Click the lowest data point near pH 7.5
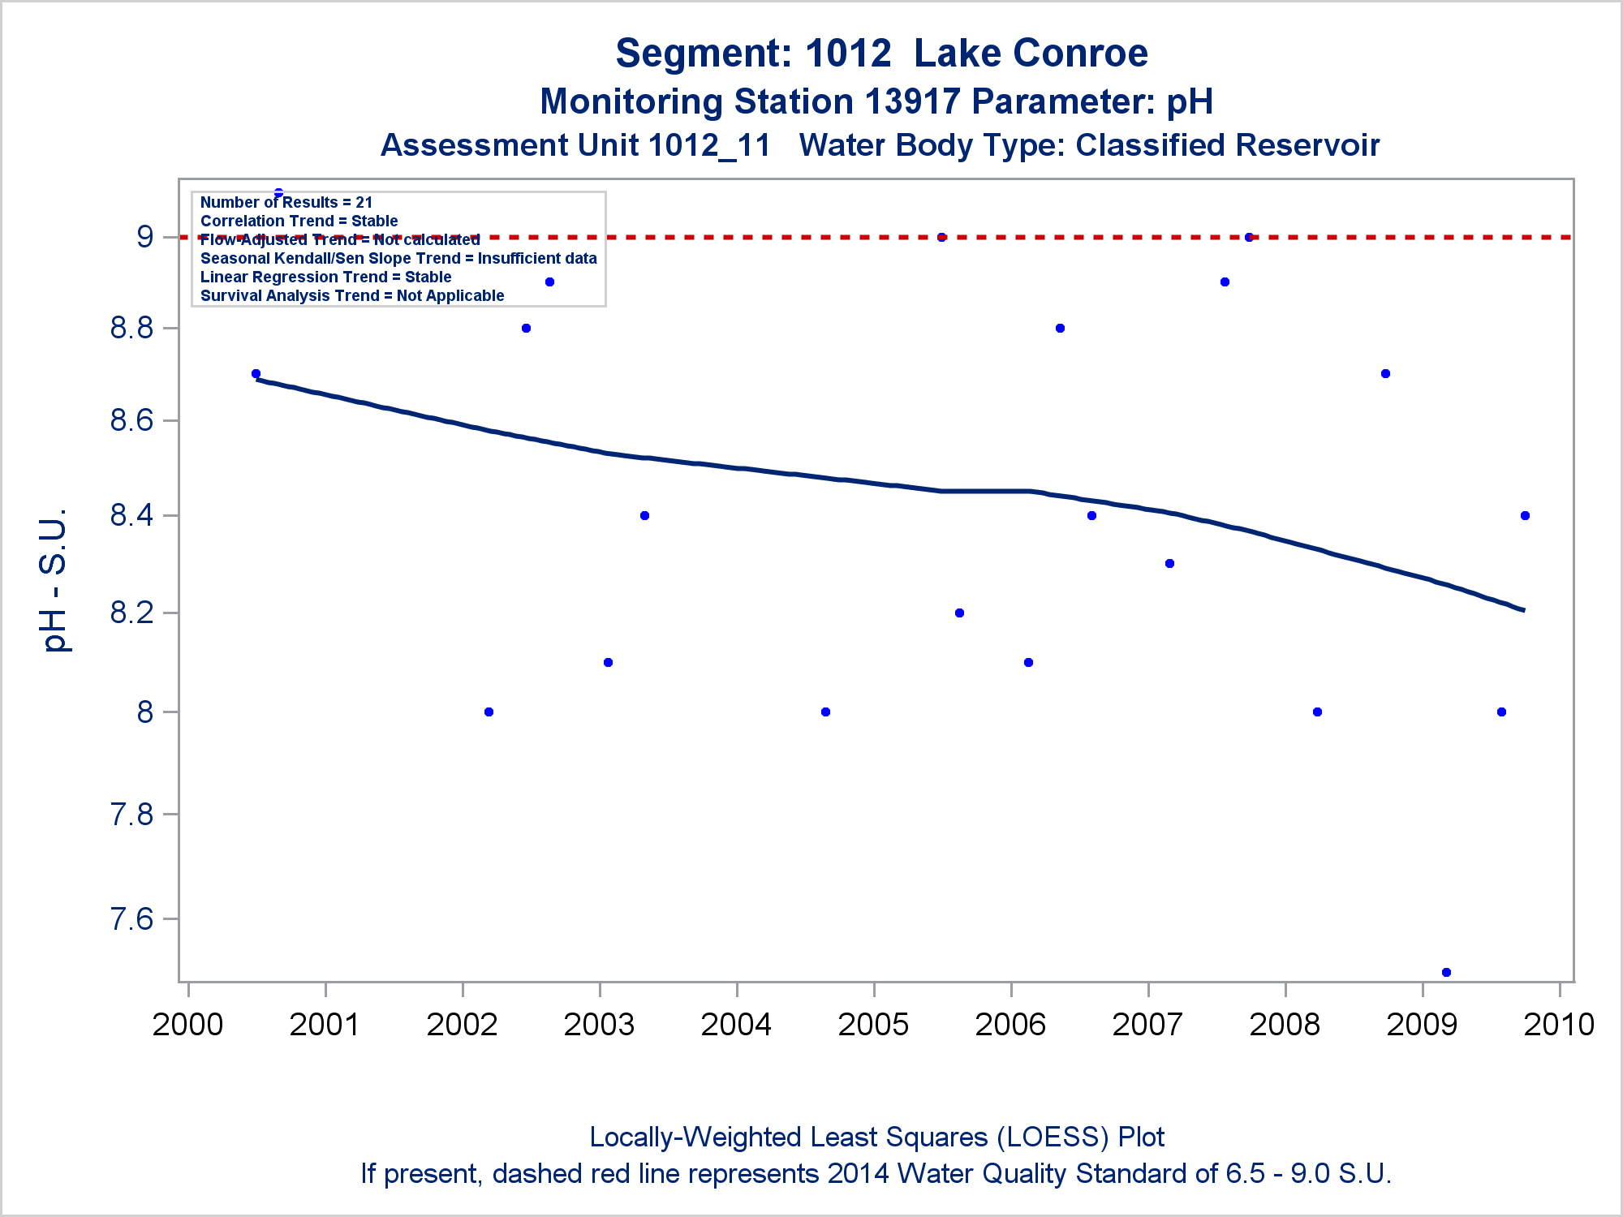click(x=1446, y=972)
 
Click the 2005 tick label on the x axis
click(x=873, y=1025)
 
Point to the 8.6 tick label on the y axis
click(x=132, y=420)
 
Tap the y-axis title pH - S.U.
click(x=54, y=580)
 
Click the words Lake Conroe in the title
click(x=1031, y=54)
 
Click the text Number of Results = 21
click(x=286, y=202)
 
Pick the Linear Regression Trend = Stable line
click(x=325, y=277)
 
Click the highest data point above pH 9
click(x=278, y=193)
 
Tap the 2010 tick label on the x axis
click(x=1559, y=1025)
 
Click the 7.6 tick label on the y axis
click(x=132, y=918)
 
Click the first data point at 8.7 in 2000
click(x=256, y=374)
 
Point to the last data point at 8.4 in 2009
click(x=1525, y=516)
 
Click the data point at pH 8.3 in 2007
click(x=1169, y=563)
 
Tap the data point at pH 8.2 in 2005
click(x=959, y=613)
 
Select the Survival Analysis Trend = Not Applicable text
click(x=352, y=295)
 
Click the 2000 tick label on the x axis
click(x=187, y=1025)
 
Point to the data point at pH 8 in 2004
click(x=825, y=712)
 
